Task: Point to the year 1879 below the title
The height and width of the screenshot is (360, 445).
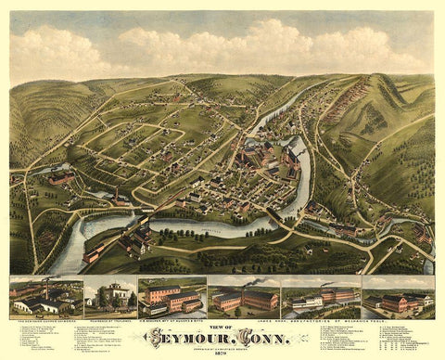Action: [223, 353]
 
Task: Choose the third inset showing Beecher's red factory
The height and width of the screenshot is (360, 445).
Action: [172, 296]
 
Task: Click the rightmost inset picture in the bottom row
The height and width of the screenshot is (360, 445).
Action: [398, 296]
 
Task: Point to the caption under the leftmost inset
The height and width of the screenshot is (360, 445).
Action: [44, 317]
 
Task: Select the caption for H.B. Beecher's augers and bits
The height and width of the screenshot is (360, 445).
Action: [172, 317]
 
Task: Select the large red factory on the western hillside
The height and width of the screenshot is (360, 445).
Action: [60, 176]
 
